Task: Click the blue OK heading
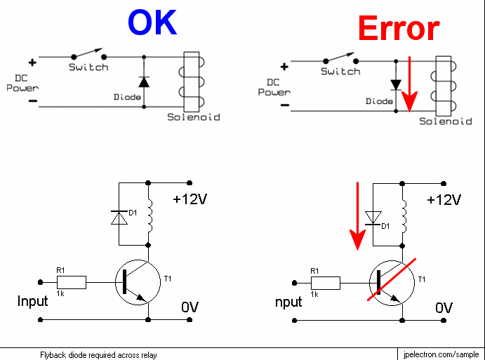152,22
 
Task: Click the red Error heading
398,29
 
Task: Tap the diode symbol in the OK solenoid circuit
144,81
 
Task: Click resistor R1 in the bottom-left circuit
73,282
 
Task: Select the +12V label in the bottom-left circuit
190,199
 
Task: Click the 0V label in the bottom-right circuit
444,307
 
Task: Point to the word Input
33,301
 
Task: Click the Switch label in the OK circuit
88,67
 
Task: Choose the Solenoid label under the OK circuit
193,116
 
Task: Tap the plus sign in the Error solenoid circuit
284,67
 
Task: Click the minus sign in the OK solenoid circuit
32,100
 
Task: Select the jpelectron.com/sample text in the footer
441,354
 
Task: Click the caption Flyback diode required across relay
98,354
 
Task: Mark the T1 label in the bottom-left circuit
167,279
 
